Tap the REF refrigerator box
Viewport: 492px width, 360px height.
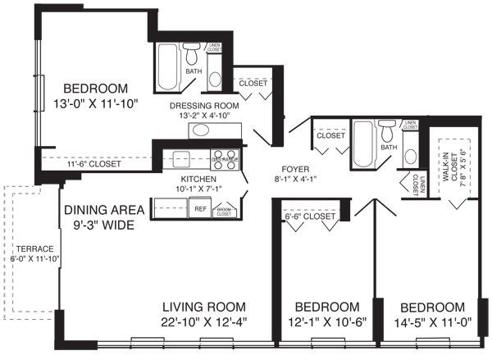click(200, 209)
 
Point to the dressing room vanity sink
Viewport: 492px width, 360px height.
click(201, 130)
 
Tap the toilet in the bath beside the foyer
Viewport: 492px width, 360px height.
click(387, 132)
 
